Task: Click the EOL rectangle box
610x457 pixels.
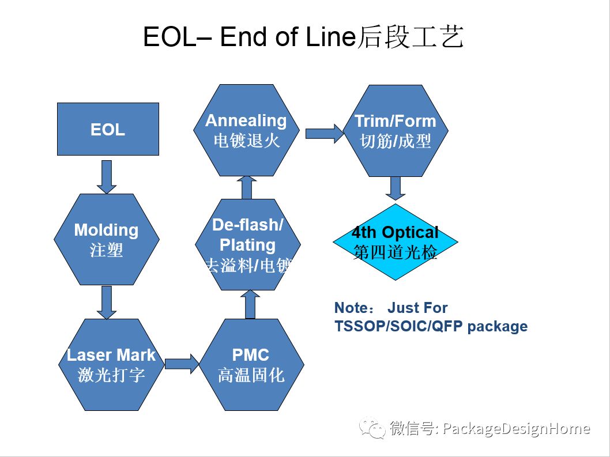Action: coord(108,129)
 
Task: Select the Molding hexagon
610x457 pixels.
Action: coord(107,239)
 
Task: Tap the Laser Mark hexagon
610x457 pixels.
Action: coord(111,364)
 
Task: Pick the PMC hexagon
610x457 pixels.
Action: coord(251,364)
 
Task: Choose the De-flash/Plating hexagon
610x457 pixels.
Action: coord(248,245)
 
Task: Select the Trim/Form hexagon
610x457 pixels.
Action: coord(396,130)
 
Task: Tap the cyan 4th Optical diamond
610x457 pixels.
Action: coord(396,242)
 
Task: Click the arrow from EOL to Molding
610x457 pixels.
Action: coord(107,176)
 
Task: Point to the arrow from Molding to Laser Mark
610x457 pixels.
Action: coord(107,301)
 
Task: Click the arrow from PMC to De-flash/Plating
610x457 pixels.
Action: coord(250,304)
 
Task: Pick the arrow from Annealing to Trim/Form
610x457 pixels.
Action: coord(324,134)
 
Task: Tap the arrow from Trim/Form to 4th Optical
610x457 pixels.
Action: coord(395,188)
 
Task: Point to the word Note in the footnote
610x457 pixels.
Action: coord(350,308)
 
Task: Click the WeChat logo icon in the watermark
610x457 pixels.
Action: coord(372,429)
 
